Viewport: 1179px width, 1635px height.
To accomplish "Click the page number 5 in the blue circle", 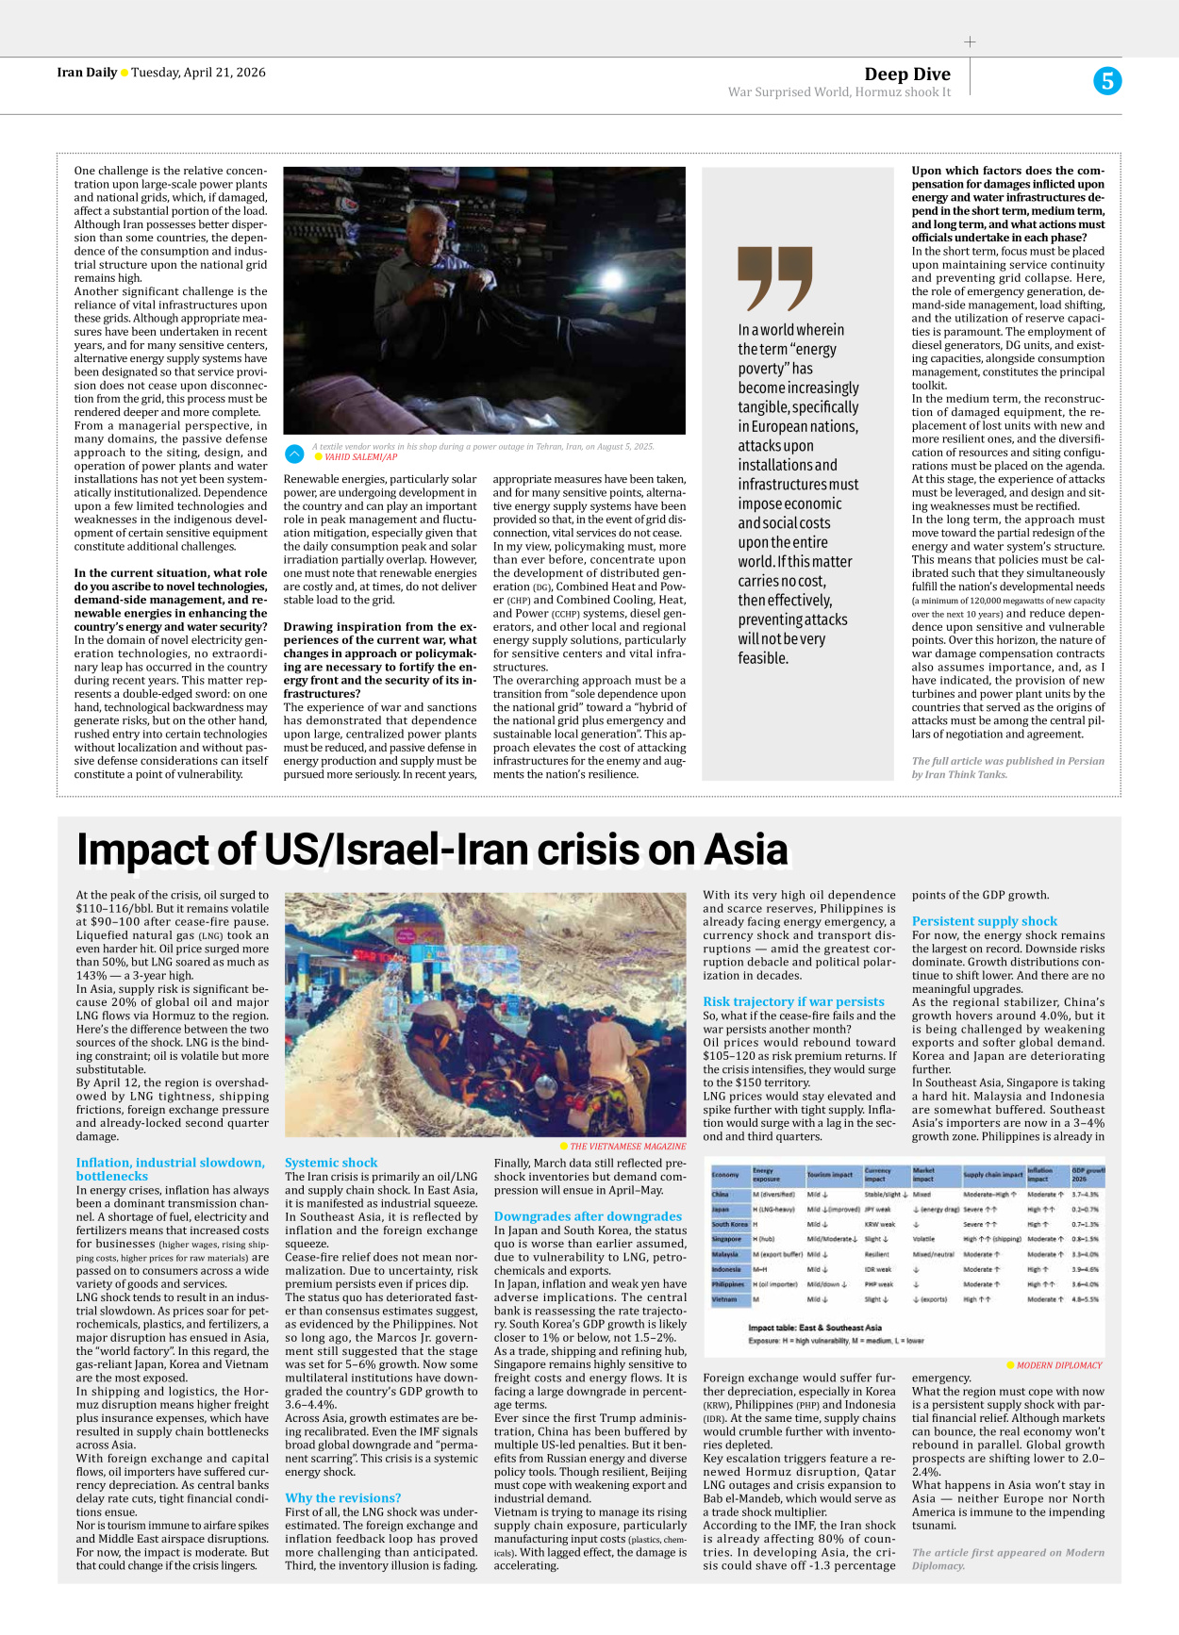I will (1107, 81).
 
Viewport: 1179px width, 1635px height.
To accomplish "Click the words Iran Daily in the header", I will (87, 73).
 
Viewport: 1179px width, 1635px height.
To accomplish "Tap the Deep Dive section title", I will (906, 74).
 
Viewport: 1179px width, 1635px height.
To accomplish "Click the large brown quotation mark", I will (774, 278).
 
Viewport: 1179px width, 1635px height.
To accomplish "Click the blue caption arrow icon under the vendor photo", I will (294, 453).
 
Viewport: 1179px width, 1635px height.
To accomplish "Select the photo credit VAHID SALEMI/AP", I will (360, 457).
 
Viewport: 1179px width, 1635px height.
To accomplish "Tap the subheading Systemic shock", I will (331, 1163).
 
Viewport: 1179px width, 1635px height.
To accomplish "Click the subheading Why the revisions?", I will (342, 1497).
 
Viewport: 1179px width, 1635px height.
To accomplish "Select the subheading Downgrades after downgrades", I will (588, 1216).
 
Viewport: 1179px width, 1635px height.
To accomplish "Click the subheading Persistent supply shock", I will (984, 921).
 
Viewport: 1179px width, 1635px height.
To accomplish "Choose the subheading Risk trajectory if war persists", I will (793, 1001).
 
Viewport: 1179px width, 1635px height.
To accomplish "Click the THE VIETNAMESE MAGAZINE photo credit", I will (627, 1147).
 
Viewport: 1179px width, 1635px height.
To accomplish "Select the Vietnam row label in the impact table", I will (724, 1299).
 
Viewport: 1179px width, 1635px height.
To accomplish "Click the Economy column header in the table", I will (725, 1175).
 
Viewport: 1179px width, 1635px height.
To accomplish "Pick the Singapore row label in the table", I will (726, 1239).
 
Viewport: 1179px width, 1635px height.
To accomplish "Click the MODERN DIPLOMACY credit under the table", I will (1058, 1364).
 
